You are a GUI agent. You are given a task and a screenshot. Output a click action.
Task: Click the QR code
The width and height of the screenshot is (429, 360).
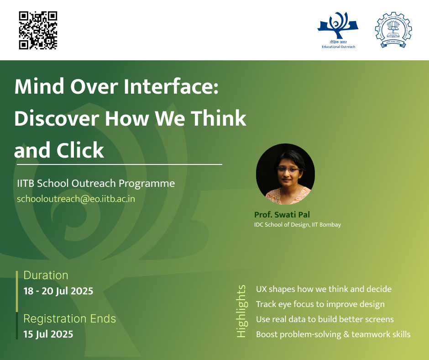38,31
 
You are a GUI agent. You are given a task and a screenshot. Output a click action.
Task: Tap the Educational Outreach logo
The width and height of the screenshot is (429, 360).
338,30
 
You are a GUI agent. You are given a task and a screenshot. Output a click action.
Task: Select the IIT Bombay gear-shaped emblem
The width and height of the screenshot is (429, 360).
393,30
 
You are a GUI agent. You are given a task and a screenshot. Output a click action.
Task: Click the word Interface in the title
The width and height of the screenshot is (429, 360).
171,86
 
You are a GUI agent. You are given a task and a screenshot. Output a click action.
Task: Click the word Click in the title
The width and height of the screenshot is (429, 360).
80,150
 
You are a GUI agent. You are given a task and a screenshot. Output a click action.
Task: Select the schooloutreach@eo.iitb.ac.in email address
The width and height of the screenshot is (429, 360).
76,199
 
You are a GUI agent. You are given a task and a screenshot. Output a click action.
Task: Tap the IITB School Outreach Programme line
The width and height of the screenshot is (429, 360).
96,183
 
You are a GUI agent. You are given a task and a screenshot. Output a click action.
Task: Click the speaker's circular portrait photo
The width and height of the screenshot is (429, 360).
285,174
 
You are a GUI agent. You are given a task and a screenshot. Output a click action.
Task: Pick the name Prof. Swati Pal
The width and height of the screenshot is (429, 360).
282,215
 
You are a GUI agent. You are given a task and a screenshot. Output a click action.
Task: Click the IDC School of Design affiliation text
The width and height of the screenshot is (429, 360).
298,225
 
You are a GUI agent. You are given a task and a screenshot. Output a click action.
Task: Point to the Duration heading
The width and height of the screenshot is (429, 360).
46,275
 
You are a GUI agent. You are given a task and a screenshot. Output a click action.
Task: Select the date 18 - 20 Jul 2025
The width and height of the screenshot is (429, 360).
58,291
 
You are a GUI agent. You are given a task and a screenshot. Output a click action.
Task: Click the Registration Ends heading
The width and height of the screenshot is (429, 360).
69,318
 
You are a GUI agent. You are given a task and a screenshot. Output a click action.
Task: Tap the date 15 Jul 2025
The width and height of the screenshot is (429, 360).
48,334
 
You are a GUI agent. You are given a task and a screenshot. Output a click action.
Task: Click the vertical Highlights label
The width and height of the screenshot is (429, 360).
241,311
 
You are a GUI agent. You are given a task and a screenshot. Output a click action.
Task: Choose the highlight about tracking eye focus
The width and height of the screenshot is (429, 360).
320,304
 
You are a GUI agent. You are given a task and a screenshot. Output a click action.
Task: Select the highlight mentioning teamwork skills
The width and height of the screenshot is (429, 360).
333,334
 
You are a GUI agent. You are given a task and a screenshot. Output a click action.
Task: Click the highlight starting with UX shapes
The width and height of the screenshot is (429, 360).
324,289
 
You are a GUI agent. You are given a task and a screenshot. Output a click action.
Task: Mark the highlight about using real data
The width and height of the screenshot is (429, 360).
325,319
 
